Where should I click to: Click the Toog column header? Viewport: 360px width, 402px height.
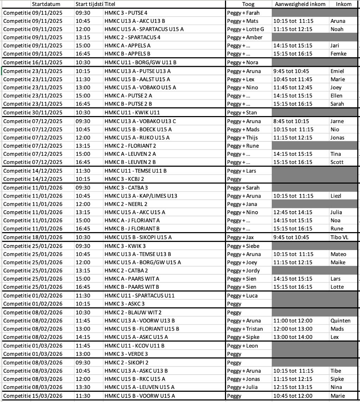pyautogui.click(x=249, y=4)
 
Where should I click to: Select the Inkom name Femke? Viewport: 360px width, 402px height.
pyautogui.click(x=338, y=54)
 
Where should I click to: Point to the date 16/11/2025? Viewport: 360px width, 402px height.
pyautogui.click(x=47, y=63)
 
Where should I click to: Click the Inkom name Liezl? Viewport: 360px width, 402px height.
pyautogui.click(x=337, y=196)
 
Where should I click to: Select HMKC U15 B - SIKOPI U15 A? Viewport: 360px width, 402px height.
pyautogui.click(x=138, y=237)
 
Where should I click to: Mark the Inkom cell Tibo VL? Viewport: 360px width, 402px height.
pyautogui.click(x=339, y=237)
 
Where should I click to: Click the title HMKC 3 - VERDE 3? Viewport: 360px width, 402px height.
pyautogui.click(x=124, y=354)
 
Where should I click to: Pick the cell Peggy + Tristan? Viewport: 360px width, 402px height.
pyautogui.click(x=245, y=329)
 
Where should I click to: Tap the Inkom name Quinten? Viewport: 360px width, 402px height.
pyautogui.click(x=340, y=320)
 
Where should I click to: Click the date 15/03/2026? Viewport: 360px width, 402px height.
pyautogui.click(x=47, y=396)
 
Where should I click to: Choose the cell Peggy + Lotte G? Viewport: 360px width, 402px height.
pyautogui.click(x=245, y=29)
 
